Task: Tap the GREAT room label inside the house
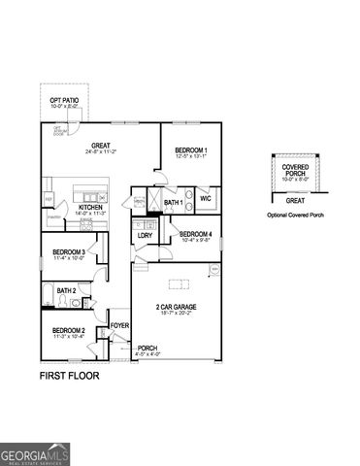tap(101, 148)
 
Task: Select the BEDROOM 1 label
tap(191, 150)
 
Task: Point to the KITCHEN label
tap(92, 207)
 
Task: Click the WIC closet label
tap(206, 198)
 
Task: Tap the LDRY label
tap(144, 235)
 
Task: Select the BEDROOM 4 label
tap(195, 233)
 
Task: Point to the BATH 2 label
tap(66, 290)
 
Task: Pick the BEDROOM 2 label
tap(69, 330)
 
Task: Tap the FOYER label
tap(119, 325)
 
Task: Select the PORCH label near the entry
tap(147, 348)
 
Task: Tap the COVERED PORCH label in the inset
tap(296, 169)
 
